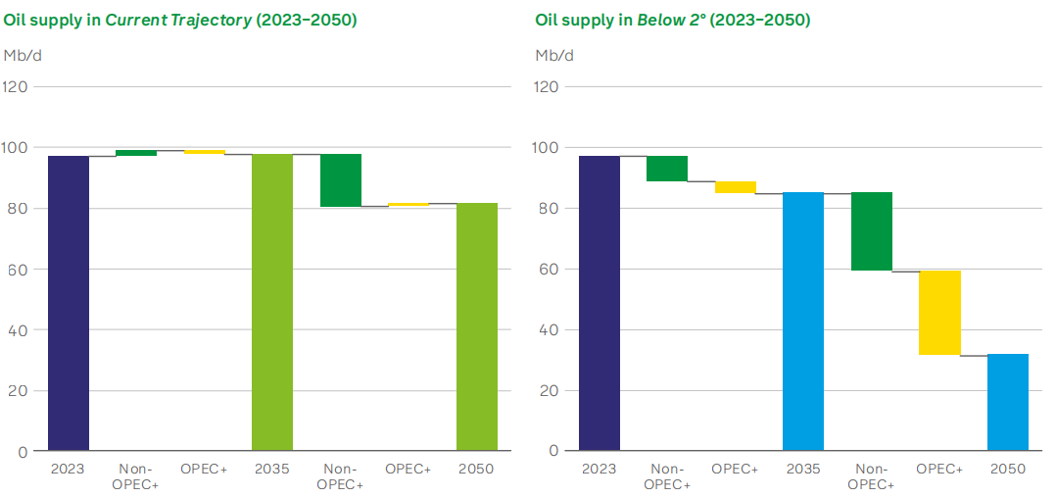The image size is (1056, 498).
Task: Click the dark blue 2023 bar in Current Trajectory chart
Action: [69, 303]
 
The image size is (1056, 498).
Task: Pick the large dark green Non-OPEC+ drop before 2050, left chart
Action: [341, 180]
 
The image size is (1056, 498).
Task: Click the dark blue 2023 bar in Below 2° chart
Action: [600, 303]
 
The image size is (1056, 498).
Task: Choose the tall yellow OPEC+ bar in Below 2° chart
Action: [939, 312]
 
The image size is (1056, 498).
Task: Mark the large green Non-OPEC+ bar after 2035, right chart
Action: [872, 231]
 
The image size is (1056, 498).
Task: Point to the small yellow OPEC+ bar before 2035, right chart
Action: [736, 187]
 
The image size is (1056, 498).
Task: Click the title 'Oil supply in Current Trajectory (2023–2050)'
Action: [180, 20]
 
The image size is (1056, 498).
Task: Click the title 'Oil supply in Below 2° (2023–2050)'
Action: [672, 20]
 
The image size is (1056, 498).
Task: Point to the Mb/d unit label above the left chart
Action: [23, 55]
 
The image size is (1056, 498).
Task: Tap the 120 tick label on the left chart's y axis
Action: [17, 86]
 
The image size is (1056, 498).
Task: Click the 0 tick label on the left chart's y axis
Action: [23, 451]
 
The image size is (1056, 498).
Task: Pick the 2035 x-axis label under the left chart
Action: [272, 470]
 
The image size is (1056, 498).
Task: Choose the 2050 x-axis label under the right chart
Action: [1008, 470]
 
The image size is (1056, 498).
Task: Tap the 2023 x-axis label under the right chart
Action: [600, 470]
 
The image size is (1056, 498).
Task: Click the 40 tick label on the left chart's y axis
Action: [19, 329]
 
